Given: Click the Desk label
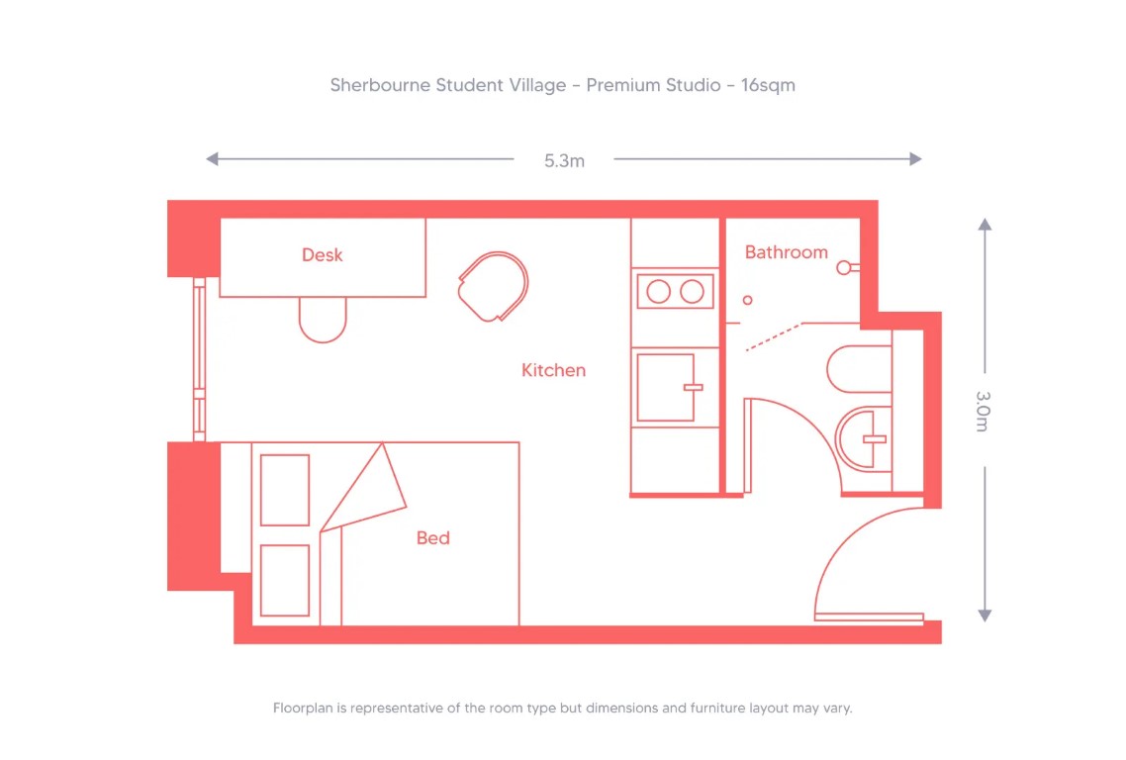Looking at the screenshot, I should point(323,255).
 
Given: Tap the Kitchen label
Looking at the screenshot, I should point(553,370).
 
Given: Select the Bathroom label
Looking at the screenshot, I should point(786,252).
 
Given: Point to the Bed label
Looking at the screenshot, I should point(432,538).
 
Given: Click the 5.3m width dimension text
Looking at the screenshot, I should point(564,160).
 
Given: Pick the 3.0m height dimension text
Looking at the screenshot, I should point(983,411).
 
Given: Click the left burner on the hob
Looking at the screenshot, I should point(658,292).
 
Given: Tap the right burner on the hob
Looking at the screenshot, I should point(693,292).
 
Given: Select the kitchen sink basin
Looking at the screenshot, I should point(665,387).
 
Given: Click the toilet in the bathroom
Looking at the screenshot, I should point(858,368).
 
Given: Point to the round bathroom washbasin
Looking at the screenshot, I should point(863,438).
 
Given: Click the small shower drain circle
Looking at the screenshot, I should point(748,300).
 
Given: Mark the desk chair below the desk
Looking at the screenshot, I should point(324,319).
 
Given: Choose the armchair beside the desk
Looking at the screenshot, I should point(495,286).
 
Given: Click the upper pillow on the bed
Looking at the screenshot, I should point(285,490).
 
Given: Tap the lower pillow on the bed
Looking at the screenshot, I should point(285,580).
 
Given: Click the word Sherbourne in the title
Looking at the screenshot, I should point(380,85).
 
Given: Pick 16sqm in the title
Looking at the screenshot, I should point(768,85).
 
